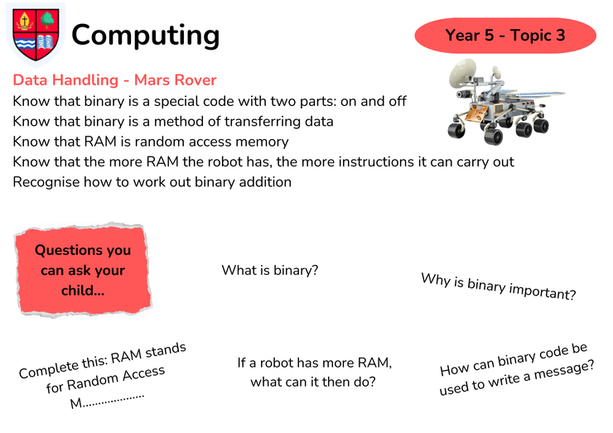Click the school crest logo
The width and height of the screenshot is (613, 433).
36,35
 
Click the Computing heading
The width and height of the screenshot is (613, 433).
146,36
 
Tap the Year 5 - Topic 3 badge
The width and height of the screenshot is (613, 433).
505,35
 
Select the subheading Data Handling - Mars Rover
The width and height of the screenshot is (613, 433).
114,80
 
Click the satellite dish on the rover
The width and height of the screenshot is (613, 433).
462,74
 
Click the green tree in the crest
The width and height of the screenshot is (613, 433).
48,19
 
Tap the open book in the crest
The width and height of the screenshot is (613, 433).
46,42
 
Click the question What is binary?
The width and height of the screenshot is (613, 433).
270,270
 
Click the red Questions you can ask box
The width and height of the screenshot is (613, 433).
83,270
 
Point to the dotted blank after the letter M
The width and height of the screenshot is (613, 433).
113,399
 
